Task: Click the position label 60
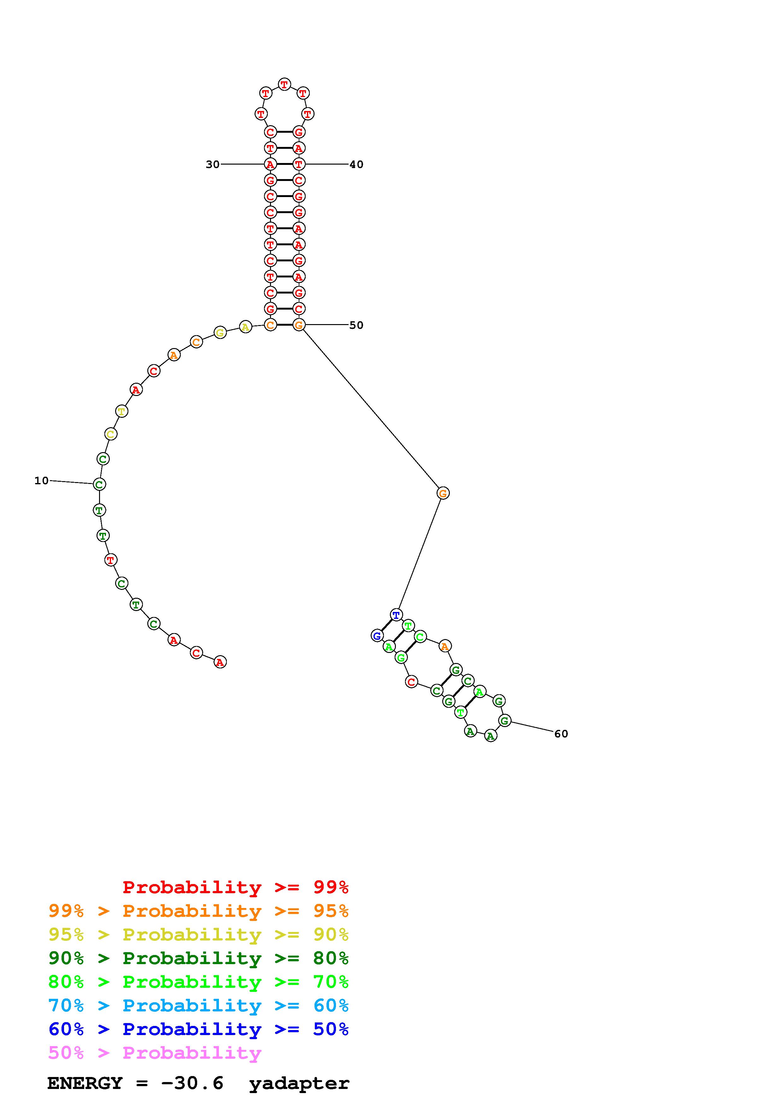click(561, 734)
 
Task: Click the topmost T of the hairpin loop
click(285, 84)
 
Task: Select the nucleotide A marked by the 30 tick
click(270, 164)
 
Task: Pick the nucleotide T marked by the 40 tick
click(299, 164)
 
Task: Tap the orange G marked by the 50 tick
click(299, 325)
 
